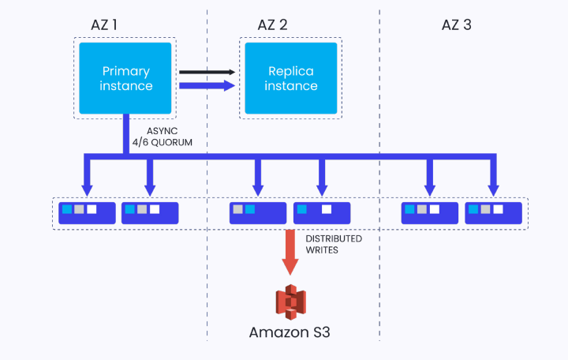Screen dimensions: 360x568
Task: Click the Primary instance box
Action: (x=125, y=78)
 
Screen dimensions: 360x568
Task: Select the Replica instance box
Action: (x=290, y=78)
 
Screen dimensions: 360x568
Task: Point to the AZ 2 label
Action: (x=273, y=24)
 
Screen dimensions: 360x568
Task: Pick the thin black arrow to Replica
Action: (x=207, y=72)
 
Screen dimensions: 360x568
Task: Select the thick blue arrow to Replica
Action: (x=207, y=85)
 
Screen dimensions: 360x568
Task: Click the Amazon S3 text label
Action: (x=289, y=332)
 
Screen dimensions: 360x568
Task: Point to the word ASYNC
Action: (x=163, y=131)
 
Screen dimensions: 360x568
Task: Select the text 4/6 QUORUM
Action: (x=170, y=144)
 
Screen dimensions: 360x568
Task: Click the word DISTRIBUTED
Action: (x=334, y=238)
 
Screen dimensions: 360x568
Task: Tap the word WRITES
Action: (x=322, y=251)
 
